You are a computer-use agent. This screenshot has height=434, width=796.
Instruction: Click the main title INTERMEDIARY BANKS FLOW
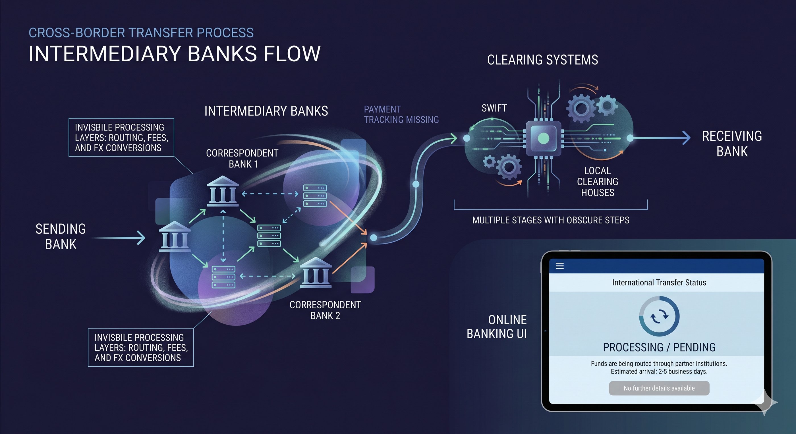point(175,54)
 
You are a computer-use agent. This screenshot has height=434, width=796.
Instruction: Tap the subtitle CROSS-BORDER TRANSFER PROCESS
point(141,33)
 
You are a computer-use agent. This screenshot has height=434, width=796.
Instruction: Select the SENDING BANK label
point(61,237)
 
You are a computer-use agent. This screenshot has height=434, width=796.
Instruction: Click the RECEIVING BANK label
point(732,144)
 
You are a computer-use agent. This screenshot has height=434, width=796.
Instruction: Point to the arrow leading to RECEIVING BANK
point(661,138)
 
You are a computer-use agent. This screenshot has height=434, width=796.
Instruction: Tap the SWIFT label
point(494,108)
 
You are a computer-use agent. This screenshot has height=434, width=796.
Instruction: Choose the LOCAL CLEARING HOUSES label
point(597,182)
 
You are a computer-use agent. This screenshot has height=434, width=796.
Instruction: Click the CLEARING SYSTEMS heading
point(543,60)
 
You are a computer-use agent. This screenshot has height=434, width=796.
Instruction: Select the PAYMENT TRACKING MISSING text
point(401,114)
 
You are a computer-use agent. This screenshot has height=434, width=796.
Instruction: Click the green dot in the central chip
point(544,138)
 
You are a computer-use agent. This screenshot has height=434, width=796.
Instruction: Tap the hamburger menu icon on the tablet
point(559,266)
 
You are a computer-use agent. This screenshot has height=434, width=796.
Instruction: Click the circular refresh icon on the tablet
point(659,316)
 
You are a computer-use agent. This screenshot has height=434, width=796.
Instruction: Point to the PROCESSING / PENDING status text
point(659,348)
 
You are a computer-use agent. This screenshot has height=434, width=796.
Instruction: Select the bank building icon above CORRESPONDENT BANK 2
point(316,273)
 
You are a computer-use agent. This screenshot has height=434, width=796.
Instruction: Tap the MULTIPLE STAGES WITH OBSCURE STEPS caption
point(551,220)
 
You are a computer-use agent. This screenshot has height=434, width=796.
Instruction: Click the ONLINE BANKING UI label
point(497,327)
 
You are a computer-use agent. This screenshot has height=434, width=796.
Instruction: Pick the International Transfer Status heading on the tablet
point(659,283)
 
